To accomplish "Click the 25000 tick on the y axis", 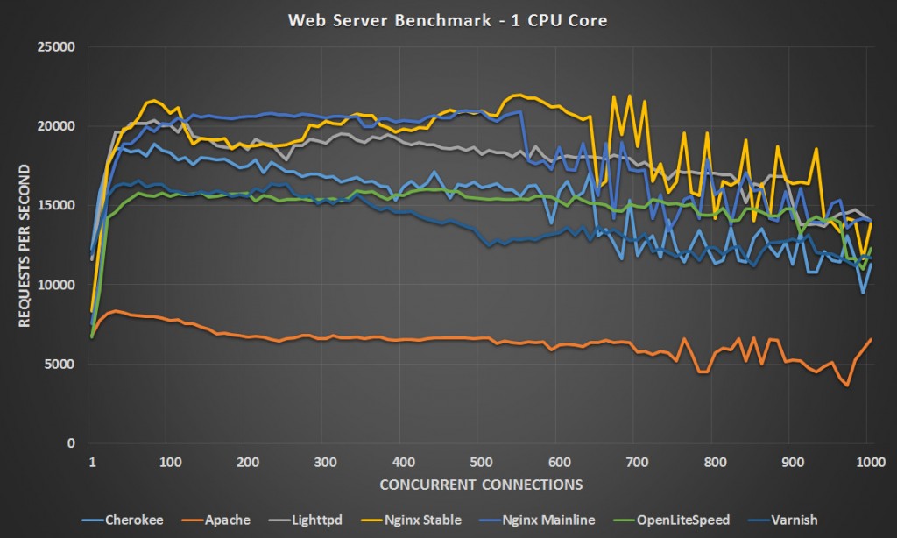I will [x=58, y=46].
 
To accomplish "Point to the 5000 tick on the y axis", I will [x=61, y=364].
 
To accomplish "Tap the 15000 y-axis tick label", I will [x=58, y=205].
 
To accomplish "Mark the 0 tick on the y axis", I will [x=71, y=443].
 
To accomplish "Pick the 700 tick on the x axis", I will [x=635, y=462].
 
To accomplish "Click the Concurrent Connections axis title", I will [x=480, y=483].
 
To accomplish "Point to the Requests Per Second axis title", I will [x=24, y=244].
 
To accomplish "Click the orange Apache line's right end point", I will [x=871, y=339].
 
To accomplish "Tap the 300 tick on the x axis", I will [x=325, y=462].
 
